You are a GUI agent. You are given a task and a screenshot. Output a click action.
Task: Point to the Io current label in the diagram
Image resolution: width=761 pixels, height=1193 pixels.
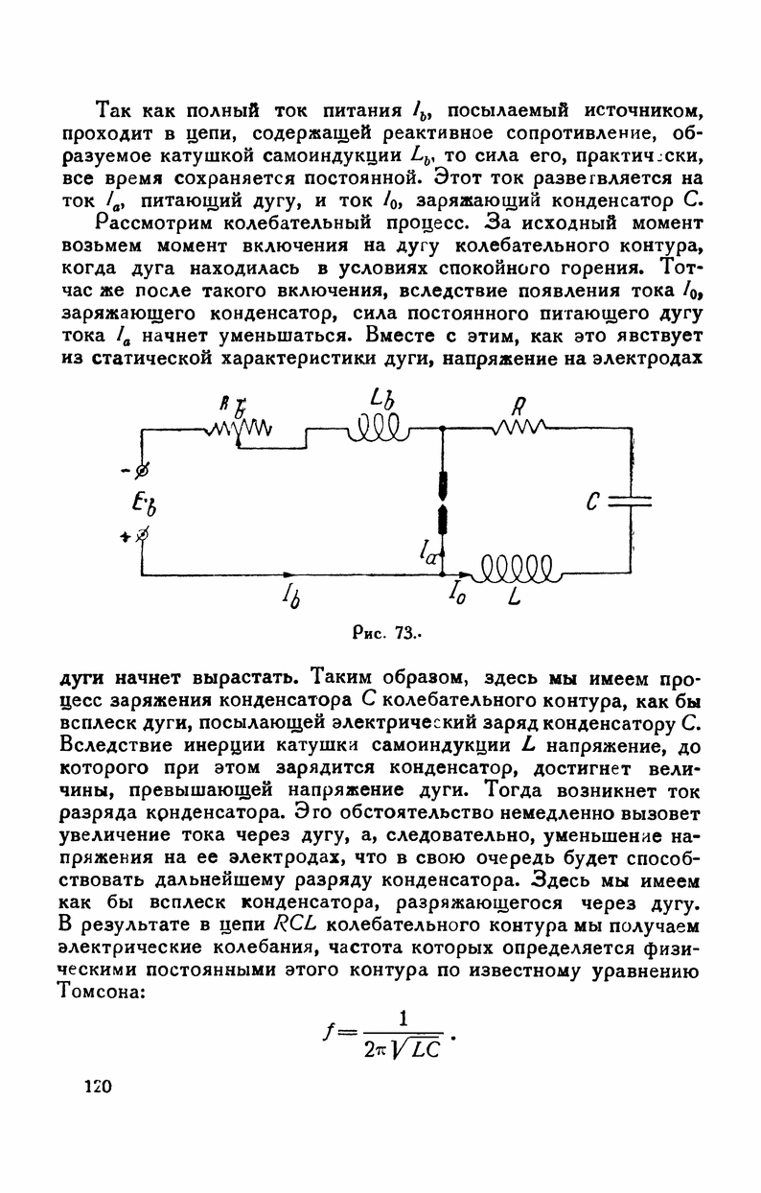click(x=457, y=598)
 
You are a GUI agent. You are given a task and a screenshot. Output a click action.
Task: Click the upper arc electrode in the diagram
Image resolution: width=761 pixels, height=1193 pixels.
click(x=443, y=481)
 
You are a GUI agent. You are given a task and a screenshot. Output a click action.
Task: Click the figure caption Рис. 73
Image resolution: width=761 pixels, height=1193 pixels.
click(x=381, y=634)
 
